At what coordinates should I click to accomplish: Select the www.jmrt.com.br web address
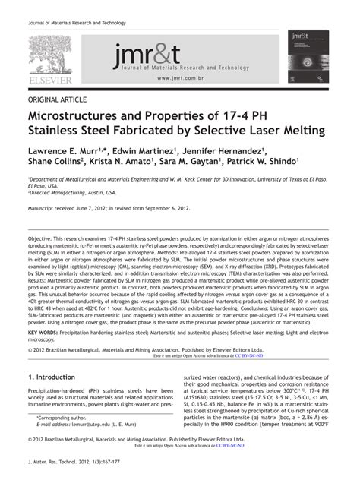click(185, 78)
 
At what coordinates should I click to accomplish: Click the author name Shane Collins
click(59, 165)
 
